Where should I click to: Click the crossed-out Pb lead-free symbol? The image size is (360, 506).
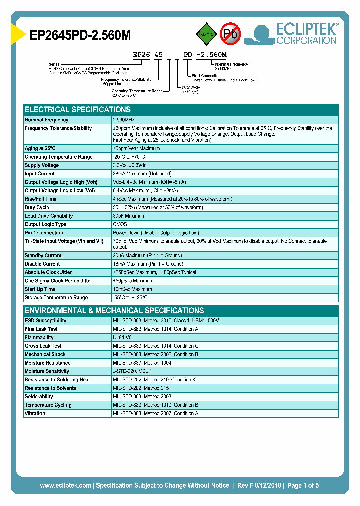(x=231, y=34)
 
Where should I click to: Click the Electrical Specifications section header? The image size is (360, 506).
(x=78, y=110)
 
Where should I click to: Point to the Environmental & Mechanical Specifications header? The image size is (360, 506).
(x=114, y=310)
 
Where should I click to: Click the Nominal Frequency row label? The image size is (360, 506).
(x=47, y=120)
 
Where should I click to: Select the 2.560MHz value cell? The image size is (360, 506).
(x=124, y=120)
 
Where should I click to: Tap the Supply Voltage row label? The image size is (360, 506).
(x=42, y=165)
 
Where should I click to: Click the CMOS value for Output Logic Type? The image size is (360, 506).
(x=120, y=224)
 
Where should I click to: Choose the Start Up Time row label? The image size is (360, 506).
(x=40, y=289)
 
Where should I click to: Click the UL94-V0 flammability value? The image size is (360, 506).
(x=123, y=338)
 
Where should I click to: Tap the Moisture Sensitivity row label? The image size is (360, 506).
(x=47, y=371)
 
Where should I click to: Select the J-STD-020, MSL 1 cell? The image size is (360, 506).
(x=132, y=371)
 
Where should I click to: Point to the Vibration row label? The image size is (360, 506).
(x=35, y=414)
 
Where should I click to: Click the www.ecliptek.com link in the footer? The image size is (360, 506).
(x=65, y=485)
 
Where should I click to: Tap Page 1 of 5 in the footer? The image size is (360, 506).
(x=303, y=485)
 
